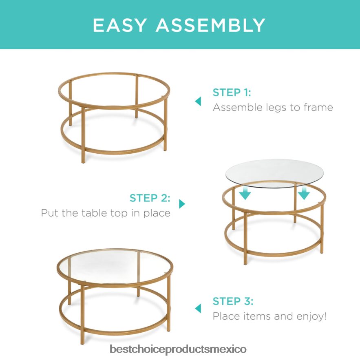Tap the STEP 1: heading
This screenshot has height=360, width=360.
(x=232, y=92)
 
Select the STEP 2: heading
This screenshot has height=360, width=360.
(x=150, y=198)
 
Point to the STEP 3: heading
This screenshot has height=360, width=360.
(x=233, y=301)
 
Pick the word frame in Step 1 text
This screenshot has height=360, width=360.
(x=318, y=107)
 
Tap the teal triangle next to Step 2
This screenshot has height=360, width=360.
(x=182, y=204)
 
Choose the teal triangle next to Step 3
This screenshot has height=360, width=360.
(x=198, y=308)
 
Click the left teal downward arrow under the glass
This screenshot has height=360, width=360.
(x=245, y=193)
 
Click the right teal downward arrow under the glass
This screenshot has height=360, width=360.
(x=304, y=193)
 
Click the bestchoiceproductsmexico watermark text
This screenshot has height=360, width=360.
(x=178, y=349)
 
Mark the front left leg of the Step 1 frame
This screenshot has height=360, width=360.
(x=83, y=135)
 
